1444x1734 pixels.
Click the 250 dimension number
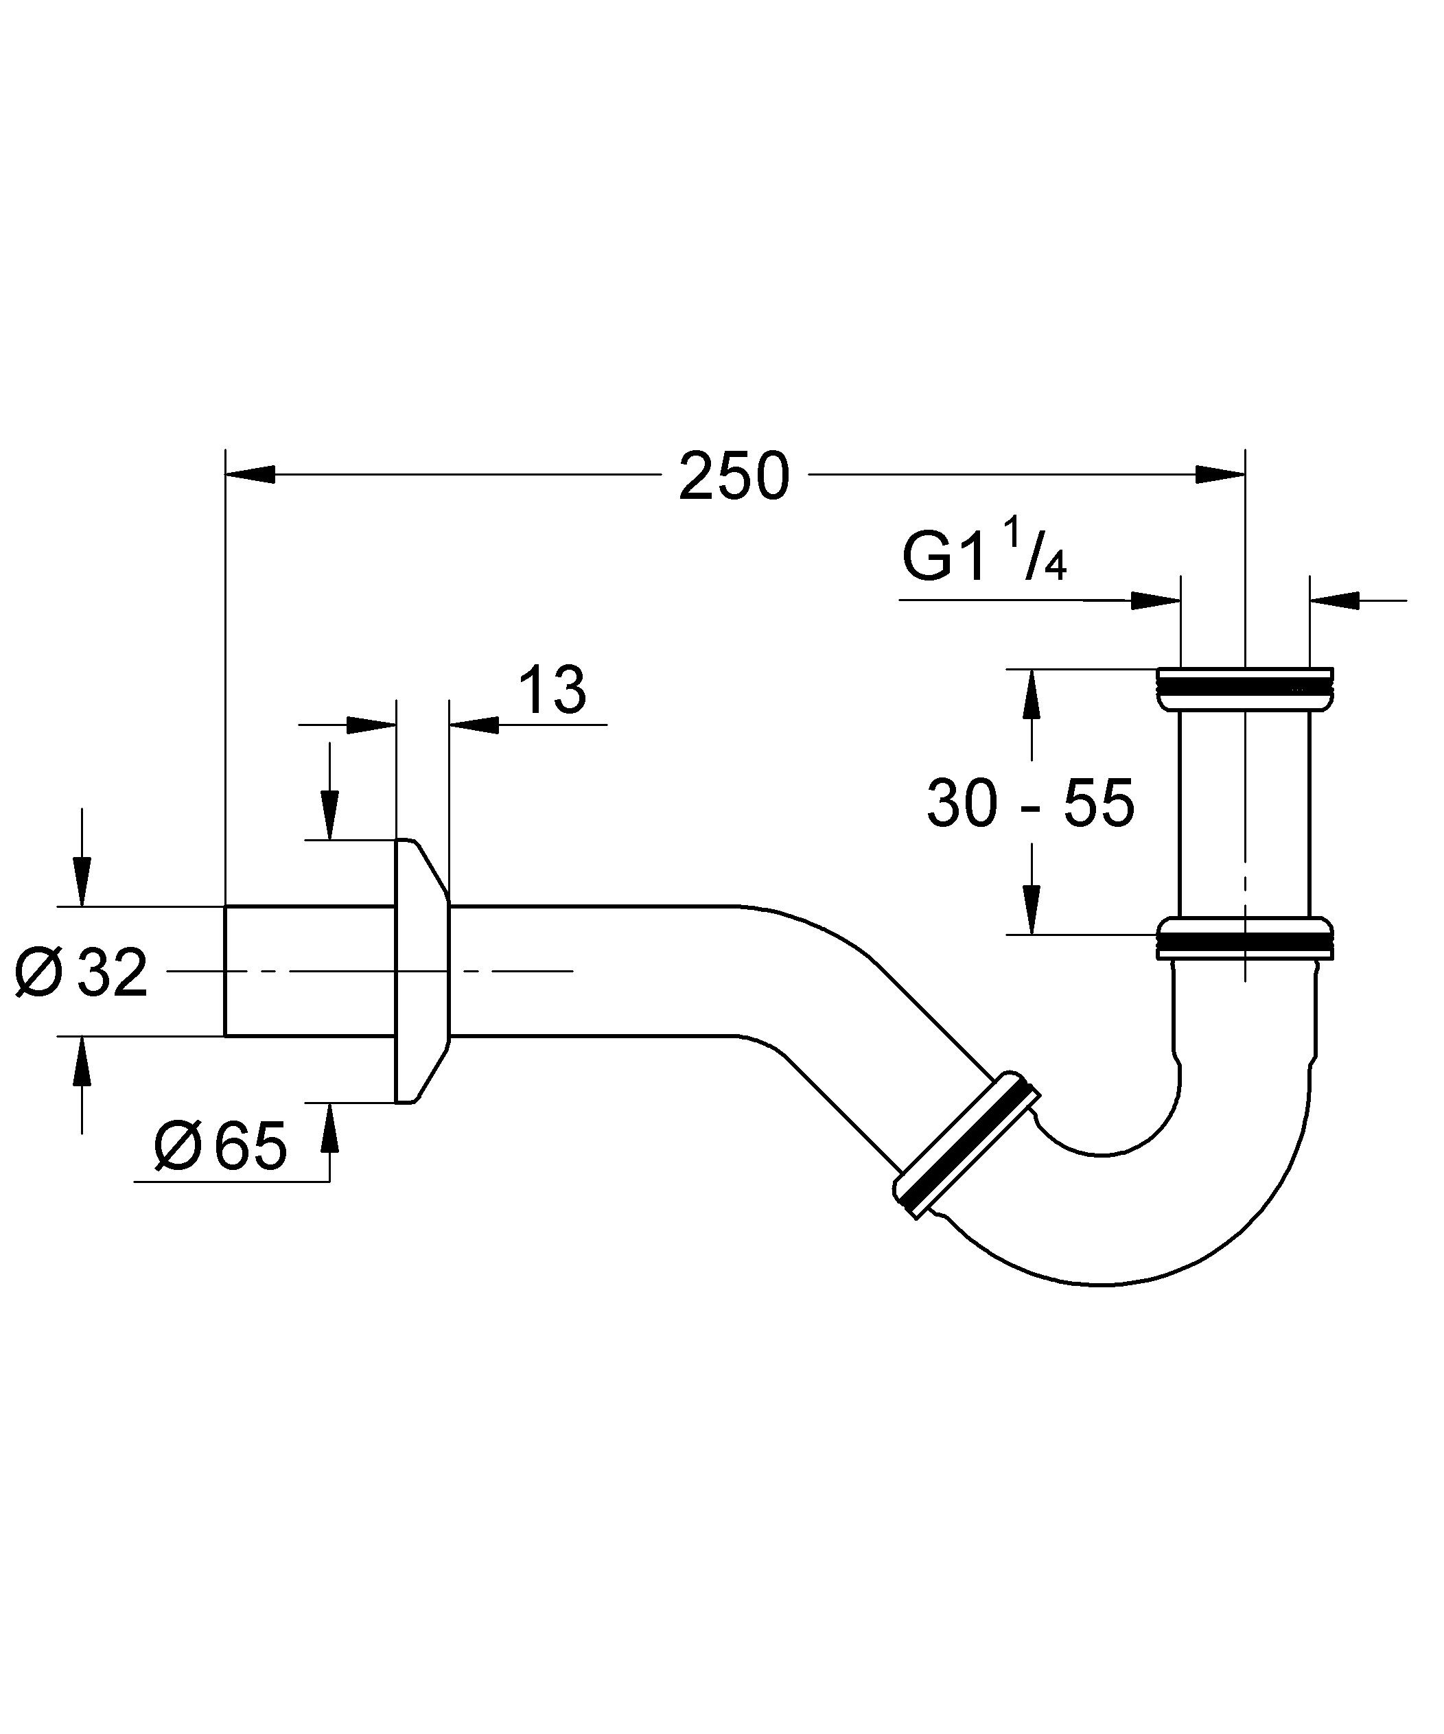point(734,476)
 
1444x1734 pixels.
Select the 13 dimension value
point(553,689)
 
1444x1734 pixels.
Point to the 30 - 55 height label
point(1031,804)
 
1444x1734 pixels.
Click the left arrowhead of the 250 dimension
point(251,474)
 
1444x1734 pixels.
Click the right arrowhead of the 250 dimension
point(1220,474)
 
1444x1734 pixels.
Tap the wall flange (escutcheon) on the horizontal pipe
point(422,971)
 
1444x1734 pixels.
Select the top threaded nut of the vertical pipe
point(1245,688)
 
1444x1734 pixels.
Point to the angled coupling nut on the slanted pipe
point(966,1145)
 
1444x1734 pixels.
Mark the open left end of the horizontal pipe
point(226,971)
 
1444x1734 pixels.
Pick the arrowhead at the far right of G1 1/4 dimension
point(1335,601)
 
